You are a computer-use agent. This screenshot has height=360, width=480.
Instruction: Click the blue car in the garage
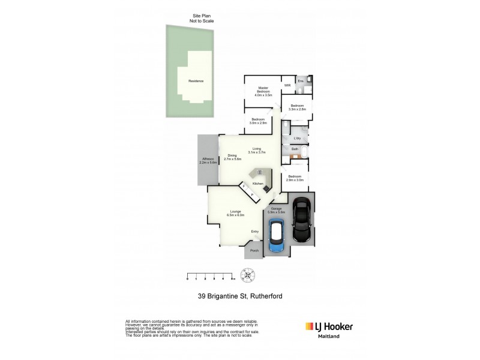(x=276, y=237)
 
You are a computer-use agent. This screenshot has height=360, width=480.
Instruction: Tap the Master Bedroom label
(x=263, y=91)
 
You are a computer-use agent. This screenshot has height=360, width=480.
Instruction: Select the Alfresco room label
(x=208, y=161)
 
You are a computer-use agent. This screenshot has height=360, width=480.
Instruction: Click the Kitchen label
(x=258, y=183)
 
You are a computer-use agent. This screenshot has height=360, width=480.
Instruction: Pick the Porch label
(x=254, y=251)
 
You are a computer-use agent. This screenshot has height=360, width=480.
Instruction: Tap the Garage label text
(x=276, y=210)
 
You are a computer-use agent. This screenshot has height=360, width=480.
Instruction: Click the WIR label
(x=287, y=85)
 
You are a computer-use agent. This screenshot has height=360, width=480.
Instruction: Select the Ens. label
(x=301, y=81)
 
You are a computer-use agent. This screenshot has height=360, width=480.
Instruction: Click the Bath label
(x=295, y=149)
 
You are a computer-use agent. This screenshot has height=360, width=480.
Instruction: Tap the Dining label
(x=232, y=157)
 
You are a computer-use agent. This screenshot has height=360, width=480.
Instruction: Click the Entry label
(x=255, y=232)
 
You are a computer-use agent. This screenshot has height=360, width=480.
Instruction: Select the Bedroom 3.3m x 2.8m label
(x=297, y=107)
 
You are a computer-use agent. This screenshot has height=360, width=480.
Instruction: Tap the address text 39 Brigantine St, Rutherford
(x=240, y=295)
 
